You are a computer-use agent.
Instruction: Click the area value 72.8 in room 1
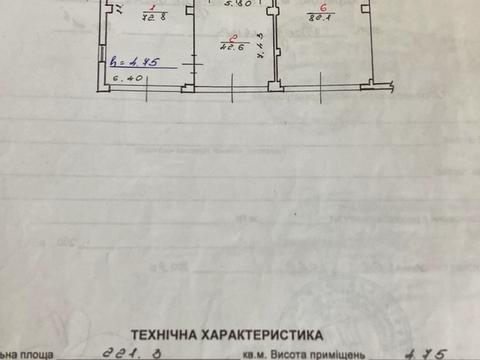(x=152, y=17)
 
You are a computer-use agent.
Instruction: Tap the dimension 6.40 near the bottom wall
(x=126, y=76)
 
